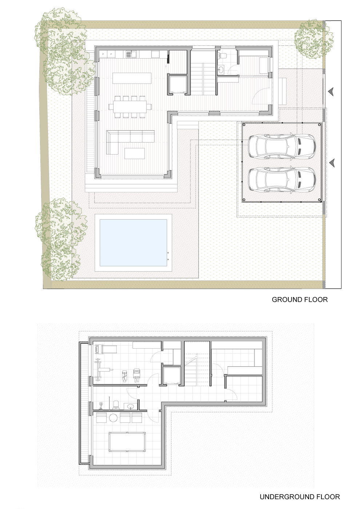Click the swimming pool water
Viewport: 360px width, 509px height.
pos(133,243)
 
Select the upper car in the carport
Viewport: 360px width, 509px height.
pos(281,146)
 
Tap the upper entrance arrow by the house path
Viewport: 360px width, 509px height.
pos(331,92)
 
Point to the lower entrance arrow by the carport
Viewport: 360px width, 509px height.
pos(332,163)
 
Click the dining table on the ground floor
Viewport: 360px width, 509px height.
pos(130,107)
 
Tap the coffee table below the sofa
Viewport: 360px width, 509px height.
pos(135,153)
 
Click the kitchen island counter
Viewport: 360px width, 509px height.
pos(132,78)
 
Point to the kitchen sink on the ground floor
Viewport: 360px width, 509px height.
pos(131,54)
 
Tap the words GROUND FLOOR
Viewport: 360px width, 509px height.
pos(300,300)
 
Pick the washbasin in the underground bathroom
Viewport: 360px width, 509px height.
pos(131,406)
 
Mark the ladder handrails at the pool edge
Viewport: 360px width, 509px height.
pos(168,256)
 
